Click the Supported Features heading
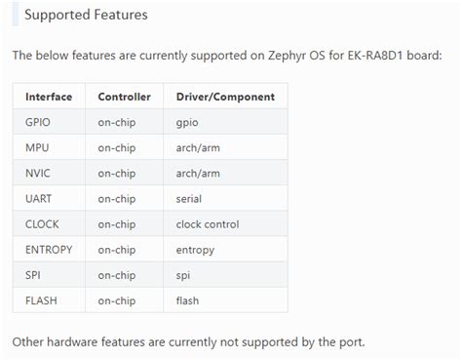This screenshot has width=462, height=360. pyautogui.click(x=86, y=16)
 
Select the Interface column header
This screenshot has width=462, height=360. pyautogui.click(x=48, y=97)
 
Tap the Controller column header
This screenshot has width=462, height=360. pyautogui.click(x=124, y=97)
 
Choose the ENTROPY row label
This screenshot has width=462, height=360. pyautogui.click(x=49, y=250)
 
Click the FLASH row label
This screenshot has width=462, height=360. pyautogui.click(x=41, y=300)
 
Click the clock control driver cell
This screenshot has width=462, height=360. pyautogui.click(x=209, y=223)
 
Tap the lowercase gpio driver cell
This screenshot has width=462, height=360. pyautogui.click(x=188, y=122)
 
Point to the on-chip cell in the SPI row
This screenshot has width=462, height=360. pyautogui.click(x=117, y=275)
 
